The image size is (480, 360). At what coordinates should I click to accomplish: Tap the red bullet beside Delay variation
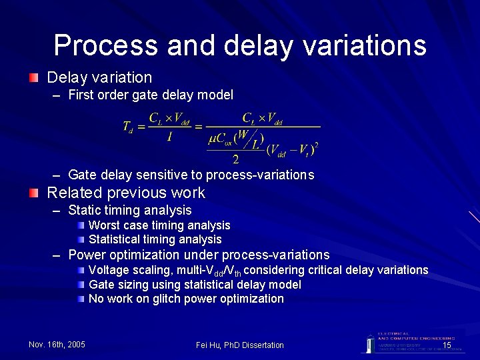[33, 78]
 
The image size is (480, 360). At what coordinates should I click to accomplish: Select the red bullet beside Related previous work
[33, 193]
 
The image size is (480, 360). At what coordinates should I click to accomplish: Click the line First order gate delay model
[151, 95]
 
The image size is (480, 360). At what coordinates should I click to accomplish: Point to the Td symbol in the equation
[128, 126]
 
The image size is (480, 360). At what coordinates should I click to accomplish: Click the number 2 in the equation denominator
[236, 159]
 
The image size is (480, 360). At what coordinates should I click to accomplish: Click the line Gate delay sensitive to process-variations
[191, 175]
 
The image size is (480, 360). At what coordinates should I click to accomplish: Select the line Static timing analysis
[130, 211]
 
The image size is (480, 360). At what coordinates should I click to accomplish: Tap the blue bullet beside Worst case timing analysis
[81, 225]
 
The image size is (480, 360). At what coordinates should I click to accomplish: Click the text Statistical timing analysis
[155, 239]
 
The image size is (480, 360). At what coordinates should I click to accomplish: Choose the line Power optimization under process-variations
[199, 255]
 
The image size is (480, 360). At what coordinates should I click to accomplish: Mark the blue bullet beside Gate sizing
[81, 285]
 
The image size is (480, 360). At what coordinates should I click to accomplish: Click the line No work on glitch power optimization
[186, 299]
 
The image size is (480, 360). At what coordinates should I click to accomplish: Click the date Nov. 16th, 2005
[57, 345]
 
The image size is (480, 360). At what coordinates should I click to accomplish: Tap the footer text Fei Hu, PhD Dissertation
[239, 345]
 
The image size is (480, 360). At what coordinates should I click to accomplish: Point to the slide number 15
[447, 345]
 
